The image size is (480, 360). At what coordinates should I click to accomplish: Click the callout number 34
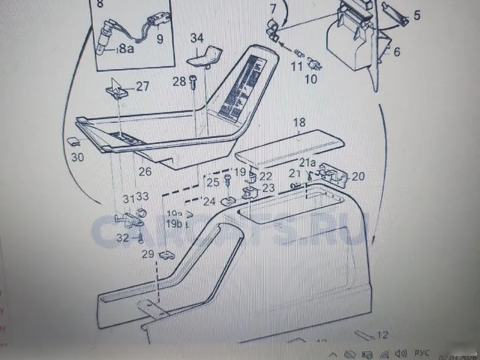tap(197, 38)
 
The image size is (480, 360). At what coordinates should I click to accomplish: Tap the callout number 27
tap(142, 86)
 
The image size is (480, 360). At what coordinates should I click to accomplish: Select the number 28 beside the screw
tap(179, 82)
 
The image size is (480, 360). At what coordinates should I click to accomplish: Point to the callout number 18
tap(299, 124)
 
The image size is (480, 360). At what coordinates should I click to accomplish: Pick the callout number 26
tap(145, 172)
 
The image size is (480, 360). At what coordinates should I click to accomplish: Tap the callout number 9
tap(160, 40)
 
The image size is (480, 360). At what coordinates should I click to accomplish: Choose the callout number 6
tap(397, 52)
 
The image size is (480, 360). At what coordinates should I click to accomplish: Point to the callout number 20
tap(358, 176)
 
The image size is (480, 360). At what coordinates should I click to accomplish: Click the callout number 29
tap(148, 254)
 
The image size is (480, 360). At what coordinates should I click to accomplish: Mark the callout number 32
tap(122, 238)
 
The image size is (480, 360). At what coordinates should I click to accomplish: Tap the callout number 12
tap(382, 335)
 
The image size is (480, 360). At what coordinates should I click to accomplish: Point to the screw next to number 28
tap(193, 82)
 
